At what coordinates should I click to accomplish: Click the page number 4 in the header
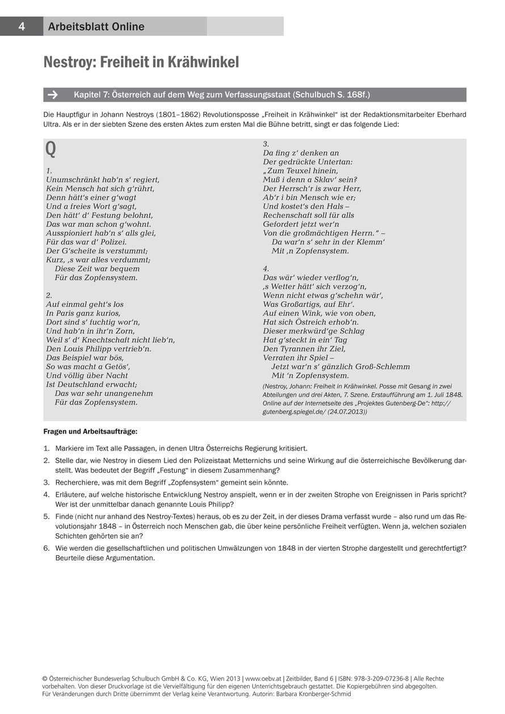[x=21, y=27]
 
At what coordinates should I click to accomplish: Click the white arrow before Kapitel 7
[x=54, y=95]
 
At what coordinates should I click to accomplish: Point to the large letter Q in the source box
[x=51, y=149]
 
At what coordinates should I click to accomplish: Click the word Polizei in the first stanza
[x=108, y=242]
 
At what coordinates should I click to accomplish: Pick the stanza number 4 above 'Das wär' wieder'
[x=266, y=268]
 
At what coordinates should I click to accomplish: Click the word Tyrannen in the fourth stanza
[x=297, y=349]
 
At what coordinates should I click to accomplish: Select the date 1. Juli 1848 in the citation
[x=443, y=394]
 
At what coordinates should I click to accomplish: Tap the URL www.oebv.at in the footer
[x=264, y=679]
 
